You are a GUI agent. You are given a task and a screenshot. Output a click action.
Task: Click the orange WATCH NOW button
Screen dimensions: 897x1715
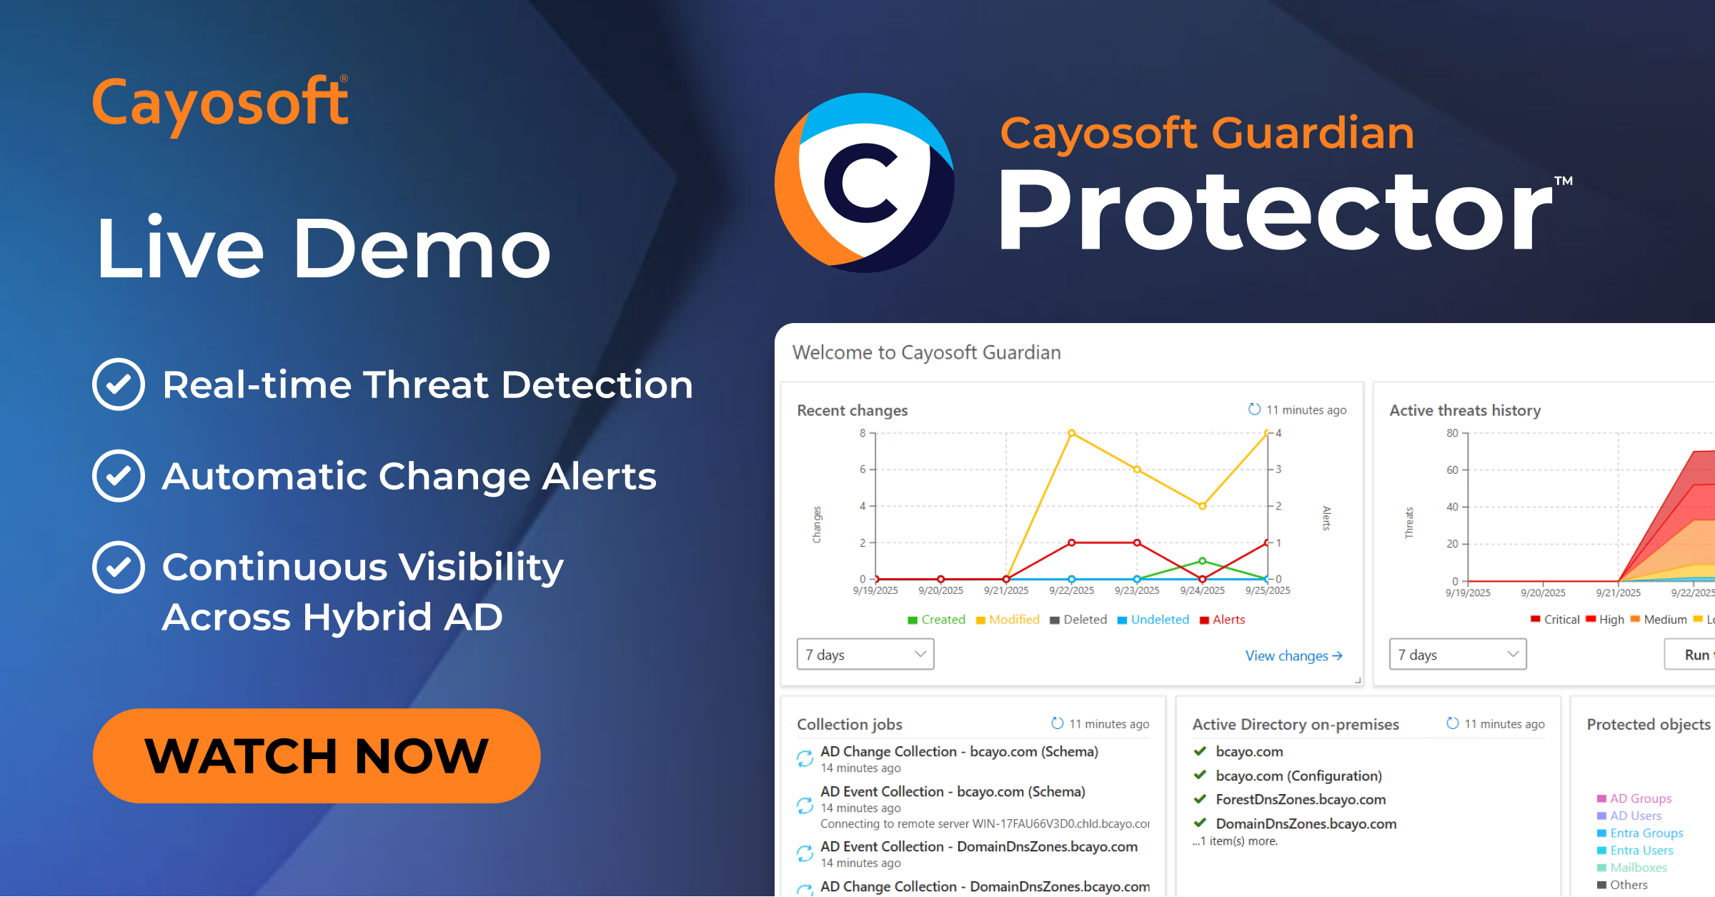(x=316, y=755)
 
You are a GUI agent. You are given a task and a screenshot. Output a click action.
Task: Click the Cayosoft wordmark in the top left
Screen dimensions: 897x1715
(x=220, y=104)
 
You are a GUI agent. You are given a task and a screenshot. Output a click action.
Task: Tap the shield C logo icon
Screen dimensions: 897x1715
(x=865, y=183)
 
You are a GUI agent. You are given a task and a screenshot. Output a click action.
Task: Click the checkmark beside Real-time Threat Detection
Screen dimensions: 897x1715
(x=119, y=385)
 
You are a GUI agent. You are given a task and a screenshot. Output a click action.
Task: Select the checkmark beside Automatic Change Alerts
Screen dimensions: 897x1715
(x=119, y=476)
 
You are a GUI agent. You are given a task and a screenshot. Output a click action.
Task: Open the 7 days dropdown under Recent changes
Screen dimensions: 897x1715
(x=865, y=655)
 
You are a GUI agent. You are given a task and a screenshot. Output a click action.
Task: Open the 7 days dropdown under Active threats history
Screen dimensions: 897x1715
(x=1458, y=655)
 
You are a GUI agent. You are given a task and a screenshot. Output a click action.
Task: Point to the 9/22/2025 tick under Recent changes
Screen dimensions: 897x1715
(x=1071, y=590)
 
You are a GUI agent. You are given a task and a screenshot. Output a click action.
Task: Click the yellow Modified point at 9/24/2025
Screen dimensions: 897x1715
(x=1203, y=505)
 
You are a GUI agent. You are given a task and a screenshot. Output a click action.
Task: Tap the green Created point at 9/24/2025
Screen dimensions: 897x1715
(x=1203, y=561)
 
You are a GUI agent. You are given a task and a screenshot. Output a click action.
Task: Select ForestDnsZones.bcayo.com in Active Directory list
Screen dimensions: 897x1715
(x=1301, y=799)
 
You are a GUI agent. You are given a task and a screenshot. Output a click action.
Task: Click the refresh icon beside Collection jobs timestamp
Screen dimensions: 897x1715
(x=1058, y=723)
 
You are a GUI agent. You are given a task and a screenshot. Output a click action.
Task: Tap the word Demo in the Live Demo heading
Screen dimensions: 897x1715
(x=422, y=249)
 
